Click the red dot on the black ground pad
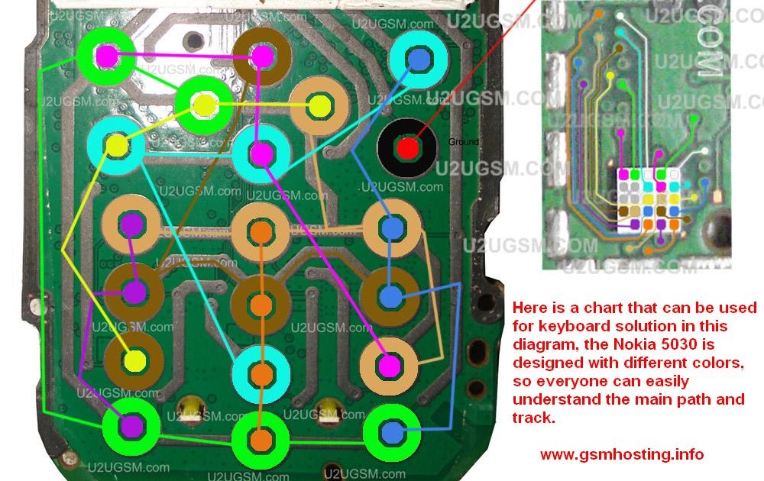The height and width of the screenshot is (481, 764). coord(408,148)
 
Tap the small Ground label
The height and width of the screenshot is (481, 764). coord(464,142)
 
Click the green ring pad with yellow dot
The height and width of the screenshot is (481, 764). coord(203,105)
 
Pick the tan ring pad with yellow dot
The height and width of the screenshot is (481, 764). coord(321,105)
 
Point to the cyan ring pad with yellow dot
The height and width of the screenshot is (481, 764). coord(115,145)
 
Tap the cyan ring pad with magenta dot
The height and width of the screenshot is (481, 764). coord(262,153)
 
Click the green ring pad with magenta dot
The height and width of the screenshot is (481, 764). coord(107,56)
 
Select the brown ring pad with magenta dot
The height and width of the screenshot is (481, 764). coord(263,56)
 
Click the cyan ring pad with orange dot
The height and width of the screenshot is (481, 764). coord(262,374)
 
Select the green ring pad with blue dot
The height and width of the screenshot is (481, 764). coord(392,433)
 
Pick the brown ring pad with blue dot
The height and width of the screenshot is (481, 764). coord(391,295)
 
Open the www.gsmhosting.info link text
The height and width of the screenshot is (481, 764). coord(622,454)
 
